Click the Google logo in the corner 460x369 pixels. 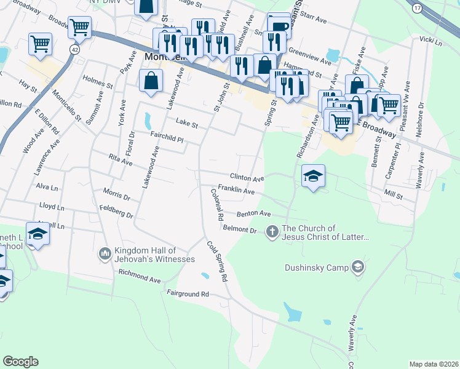tap(20, 362)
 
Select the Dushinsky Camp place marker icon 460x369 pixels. tap(358, 267)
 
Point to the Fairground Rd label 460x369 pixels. tap(188, 294)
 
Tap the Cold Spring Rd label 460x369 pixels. tap(217, 261)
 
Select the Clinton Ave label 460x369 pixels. tap(247, 178)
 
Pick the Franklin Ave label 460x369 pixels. tap(236, 190)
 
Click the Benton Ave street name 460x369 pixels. tap(254, 214)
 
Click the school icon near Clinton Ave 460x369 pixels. tap(313, 177)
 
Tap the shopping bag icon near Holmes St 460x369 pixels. tap(151, 81)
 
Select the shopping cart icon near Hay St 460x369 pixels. tap(40, 44)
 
